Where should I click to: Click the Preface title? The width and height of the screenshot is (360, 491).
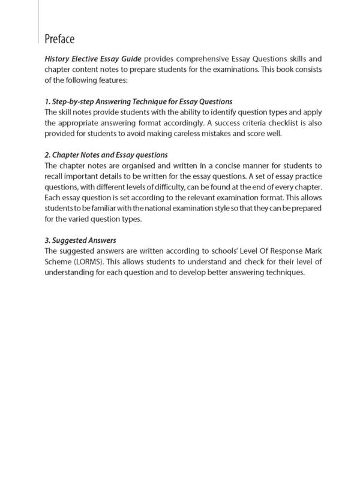pos(59,40)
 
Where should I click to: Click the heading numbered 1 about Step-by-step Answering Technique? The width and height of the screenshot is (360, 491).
pos(139,101)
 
